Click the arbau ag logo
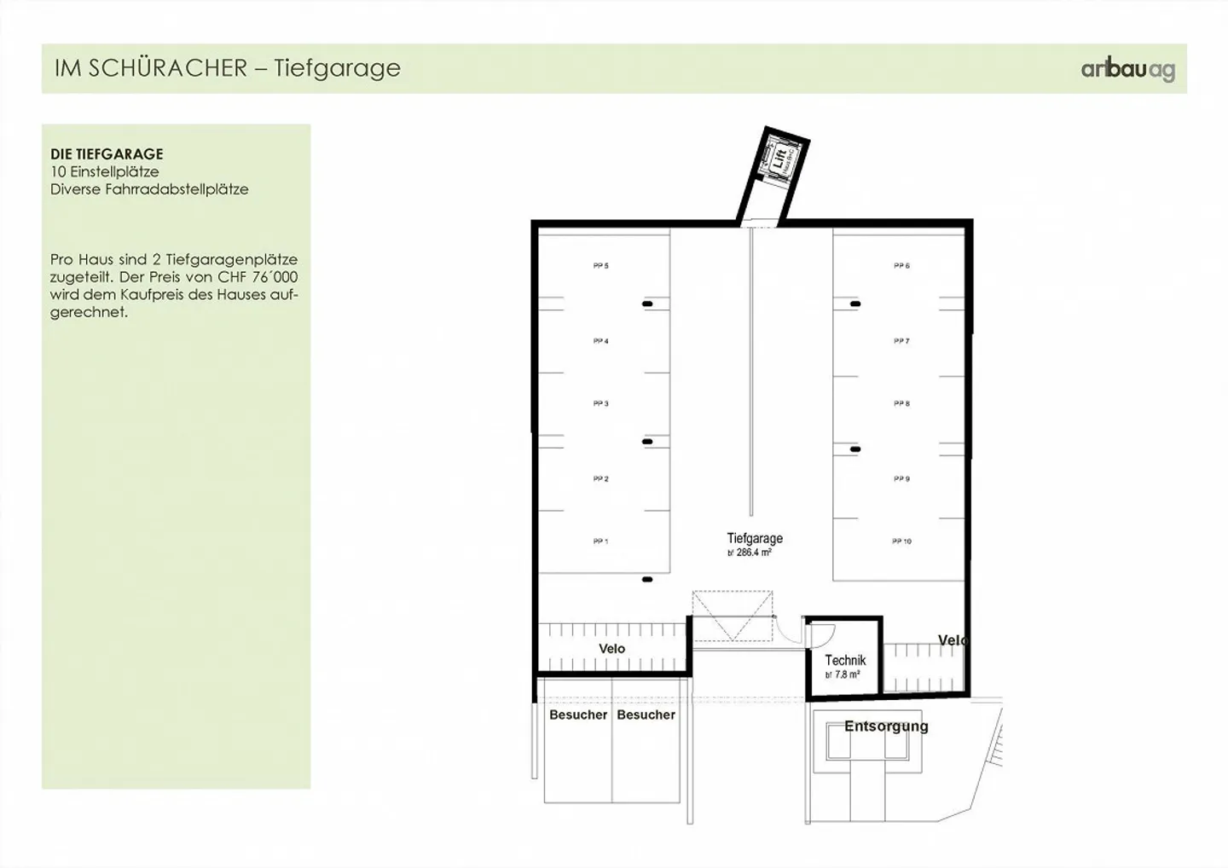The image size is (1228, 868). [1127, 70]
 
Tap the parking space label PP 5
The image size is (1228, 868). [600, 266]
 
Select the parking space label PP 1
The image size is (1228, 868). [600, 541]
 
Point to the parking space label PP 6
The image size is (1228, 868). [901, 266]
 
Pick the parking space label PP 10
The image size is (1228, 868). [901, 541]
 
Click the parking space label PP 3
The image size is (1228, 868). [600, 403]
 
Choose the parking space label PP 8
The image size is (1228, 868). [901, 403]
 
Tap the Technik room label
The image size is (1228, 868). [845, 660]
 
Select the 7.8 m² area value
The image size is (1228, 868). [844, 674]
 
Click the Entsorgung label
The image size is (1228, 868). [886, 726]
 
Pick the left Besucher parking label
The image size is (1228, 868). [578, 715]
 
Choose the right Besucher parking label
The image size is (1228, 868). [646, 715]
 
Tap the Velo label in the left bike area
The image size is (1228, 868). [611, 649]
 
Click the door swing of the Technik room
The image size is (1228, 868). [820, 635]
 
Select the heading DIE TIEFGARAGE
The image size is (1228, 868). [107, 154]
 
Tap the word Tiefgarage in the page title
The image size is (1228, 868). [337, 68]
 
